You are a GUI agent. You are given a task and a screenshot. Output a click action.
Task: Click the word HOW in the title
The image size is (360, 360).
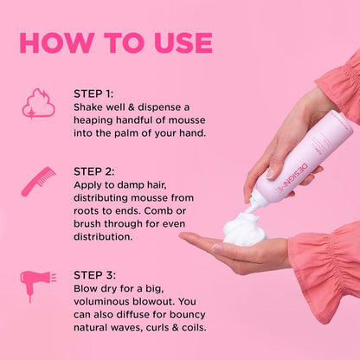click(54, 42)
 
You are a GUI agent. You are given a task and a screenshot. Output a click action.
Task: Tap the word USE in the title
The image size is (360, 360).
click(177, 42)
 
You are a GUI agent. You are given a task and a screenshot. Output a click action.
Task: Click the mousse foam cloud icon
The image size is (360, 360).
click(38, 103)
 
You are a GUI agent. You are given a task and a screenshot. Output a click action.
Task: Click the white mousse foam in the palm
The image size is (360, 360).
click(244, 229)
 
